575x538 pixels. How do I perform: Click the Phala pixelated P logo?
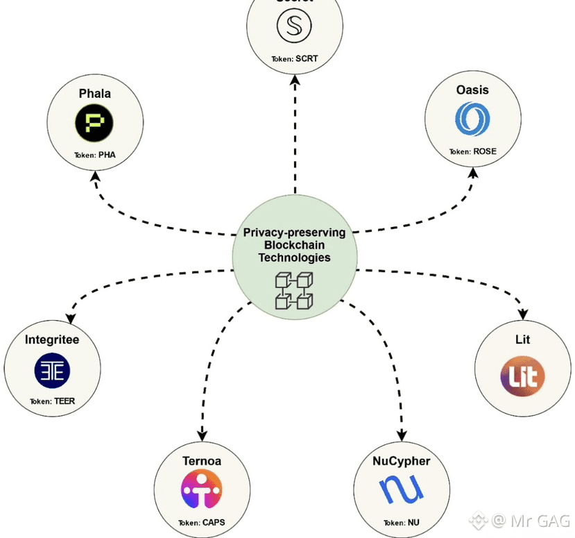(x=94, y=124)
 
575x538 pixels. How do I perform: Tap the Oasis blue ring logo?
(x=472, y=118)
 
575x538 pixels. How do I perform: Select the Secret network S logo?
(x=294, y=27)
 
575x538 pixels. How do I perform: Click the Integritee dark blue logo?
(x=52, y=371)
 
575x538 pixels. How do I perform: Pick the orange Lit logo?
(x=522, y=376)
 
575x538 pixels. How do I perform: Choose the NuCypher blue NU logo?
(x=402, y=490)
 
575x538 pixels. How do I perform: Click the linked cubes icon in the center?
(x=294, y=291)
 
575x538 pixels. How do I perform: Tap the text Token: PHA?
(x=94, y=155)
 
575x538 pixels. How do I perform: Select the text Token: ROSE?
(x=472, y=151)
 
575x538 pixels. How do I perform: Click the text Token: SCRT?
(x=294, y=59)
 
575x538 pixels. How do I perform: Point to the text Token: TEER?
(x=52, y=401)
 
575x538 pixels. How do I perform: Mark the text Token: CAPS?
(x=201, y=523)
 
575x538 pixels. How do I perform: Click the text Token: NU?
(x=402, y=523)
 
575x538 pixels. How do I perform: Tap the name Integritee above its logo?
(x=52, y=340)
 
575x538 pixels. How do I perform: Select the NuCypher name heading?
(x=402, y=461)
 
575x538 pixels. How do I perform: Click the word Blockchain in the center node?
(x=294, y=245)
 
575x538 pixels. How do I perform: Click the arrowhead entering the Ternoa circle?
(x=202, y=432)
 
